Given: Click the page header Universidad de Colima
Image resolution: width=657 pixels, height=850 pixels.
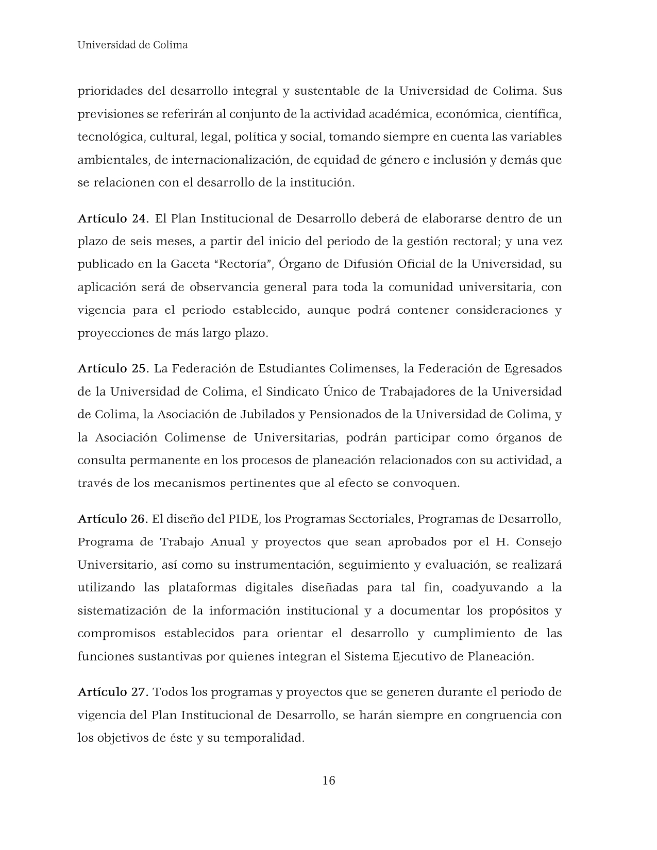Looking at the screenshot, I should point(132,45).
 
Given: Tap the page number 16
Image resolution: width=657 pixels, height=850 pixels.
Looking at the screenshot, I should point(328,780).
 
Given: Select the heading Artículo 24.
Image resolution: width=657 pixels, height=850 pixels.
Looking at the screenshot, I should point(113,218).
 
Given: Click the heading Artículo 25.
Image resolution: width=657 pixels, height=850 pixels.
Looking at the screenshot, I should point(113,369).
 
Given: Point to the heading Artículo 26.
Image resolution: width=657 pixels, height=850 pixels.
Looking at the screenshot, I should point(113,519).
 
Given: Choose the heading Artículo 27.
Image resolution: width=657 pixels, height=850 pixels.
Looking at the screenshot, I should point(113,692).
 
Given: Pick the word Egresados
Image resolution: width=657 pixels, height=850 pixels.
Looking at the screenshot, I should point(533,369).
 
